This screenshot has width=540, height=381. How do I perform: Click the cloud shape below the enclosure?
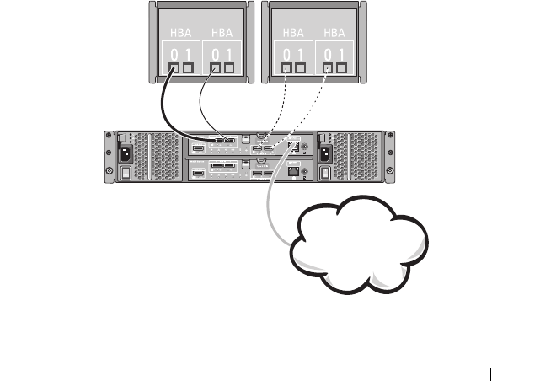358,249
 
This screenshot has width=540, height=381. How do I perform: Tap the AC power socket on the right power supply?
325,153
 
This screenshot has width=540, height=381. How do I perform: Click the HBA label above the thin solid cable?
223,33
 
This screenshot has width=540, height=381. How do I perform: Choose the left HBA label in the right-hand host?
293,33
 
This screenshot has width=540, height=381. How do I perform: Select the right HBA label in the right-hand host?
335,33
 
